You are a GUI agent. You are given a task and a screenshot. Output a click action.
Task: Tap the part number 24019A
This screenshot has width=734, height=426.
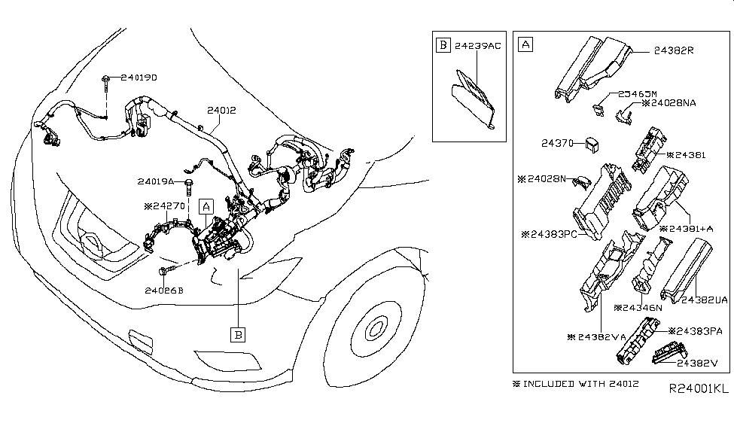[x=156, y=181]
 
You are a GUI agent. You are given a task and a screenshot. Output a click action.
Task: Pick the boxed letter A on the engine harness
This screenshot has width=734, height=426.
[x=205, y=205]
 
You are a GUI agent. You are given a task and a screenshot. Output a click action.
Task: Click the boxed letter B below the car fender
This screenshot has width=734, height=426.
[x=238, y=331]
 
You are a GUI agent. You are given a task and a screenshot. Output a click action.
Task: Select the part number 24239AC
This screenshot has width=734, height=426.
[x=480, y=45]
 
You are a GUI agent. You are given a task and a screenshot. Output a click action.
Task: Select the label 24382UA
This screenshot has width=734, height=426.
[x=705, y=300]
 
